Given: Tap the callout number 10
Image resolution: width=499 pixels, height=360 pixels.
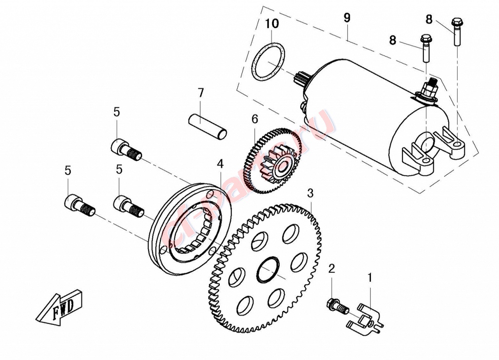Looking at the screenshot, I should (272, 23).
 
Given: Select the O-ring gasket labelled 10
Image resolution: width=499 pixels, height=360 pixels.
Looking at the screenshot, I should (269, 61).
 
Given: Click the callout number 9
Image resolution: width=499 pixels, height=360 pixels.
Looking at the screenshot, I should (346, 18).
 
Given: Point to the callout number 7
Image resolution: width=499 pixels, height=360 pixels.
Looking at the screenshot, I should (200, 93).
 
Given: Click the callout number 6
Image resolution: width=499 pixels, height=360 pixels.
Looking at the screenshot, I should (254, 118).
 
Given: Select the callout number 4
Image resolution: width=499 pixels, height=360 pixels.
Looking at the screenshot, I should (220, 164).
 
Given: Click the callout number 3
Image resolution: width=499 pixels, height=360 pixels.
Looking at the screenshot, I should (310, 193).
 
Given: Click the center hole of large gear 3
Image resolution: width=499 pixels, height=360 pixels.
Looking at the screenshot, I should (268, 270).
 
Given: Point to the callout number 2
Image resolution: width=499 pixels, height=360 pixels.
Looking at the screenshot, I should (332, 268).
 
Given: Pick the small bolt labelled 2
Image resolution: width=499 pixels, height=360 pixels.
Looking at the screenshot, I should (336, 306).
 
